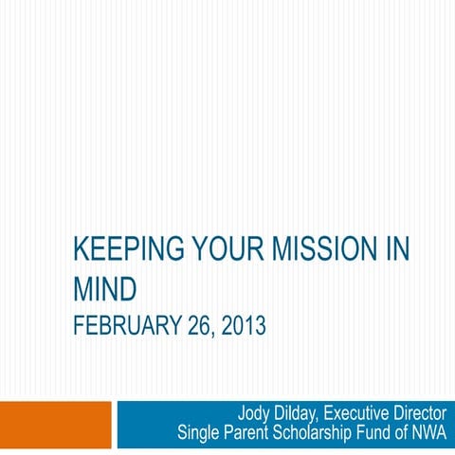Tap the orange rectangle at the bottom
tap(55, 423)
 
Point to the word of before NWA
tap(404, 435)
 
